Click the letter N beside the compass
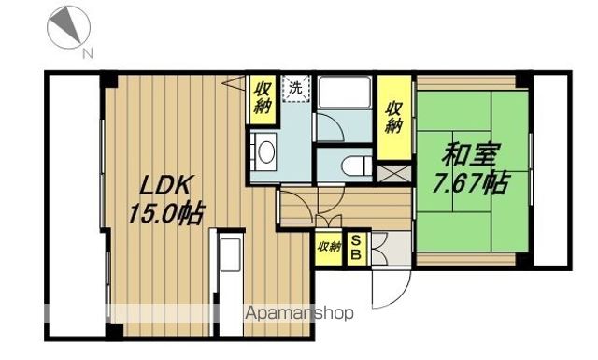tap(87, 52)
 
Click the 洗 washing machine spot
tap(294, 89)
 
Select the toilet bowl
tap(351, 166)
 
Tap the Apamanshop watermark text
tap(299, 314)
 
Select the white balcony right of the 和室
tap(552, 168)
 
